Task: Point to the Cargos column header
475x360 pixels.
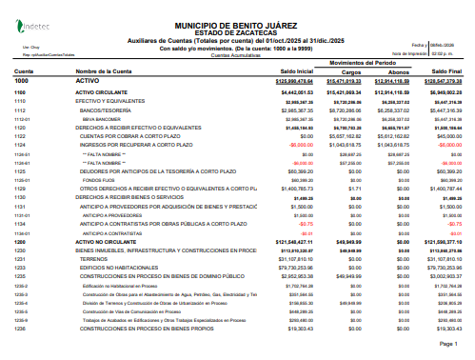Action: point(352,71)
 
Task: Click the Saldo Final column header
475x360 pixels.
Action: point(453,71)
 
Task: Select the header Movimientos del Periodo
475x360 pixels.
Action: point(374,61)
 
